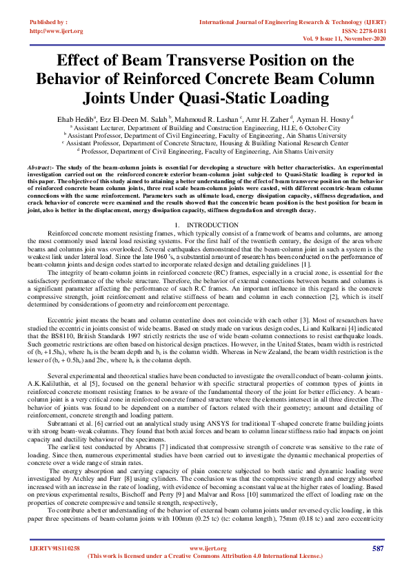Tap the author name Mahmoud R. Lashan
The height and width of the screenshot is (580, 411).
(x=210, y=119)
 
